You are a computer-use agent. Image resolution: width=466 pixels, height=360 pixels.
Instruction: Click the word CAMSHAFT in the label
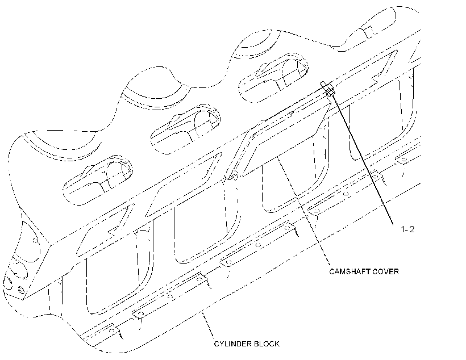(x=346, y=271)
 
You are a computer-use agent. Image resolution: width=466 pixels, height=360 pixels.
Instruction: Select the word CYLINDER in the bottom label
(x=229, y=344)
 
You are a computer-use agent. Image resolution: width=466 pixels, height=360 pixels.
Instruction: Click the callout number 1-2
(x=407, y=229)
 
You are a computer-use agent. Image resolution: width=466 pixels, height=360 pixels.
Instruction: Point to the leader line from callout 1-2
(x=361, y=158)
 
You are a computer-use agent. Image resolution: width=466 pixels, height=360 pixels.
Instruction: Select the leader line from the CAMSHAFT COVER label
(x=303, y=210)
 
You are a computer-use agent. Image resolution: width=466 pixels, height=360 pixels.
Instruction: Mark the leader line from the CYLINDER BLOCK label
(x=208, y=325)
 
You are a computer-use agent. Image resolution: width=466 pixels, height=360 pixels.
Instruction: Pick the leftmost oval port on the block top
(x=98, y=179)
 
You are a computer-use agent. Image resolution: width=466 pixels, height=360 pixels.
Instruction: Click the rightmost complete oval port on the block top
(x=273, y=78)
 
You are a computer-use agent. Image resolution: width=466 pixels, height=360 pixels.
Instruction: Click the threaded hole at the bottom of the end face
(x=21, y=290)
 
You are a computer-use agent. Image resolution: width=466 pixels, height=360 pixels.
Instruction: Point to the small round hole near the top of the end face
(x=35, y=240)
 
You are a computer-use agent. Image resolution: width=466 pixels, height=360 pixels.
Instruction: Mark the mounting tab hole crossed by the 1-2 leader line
(x=375, y=177)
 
